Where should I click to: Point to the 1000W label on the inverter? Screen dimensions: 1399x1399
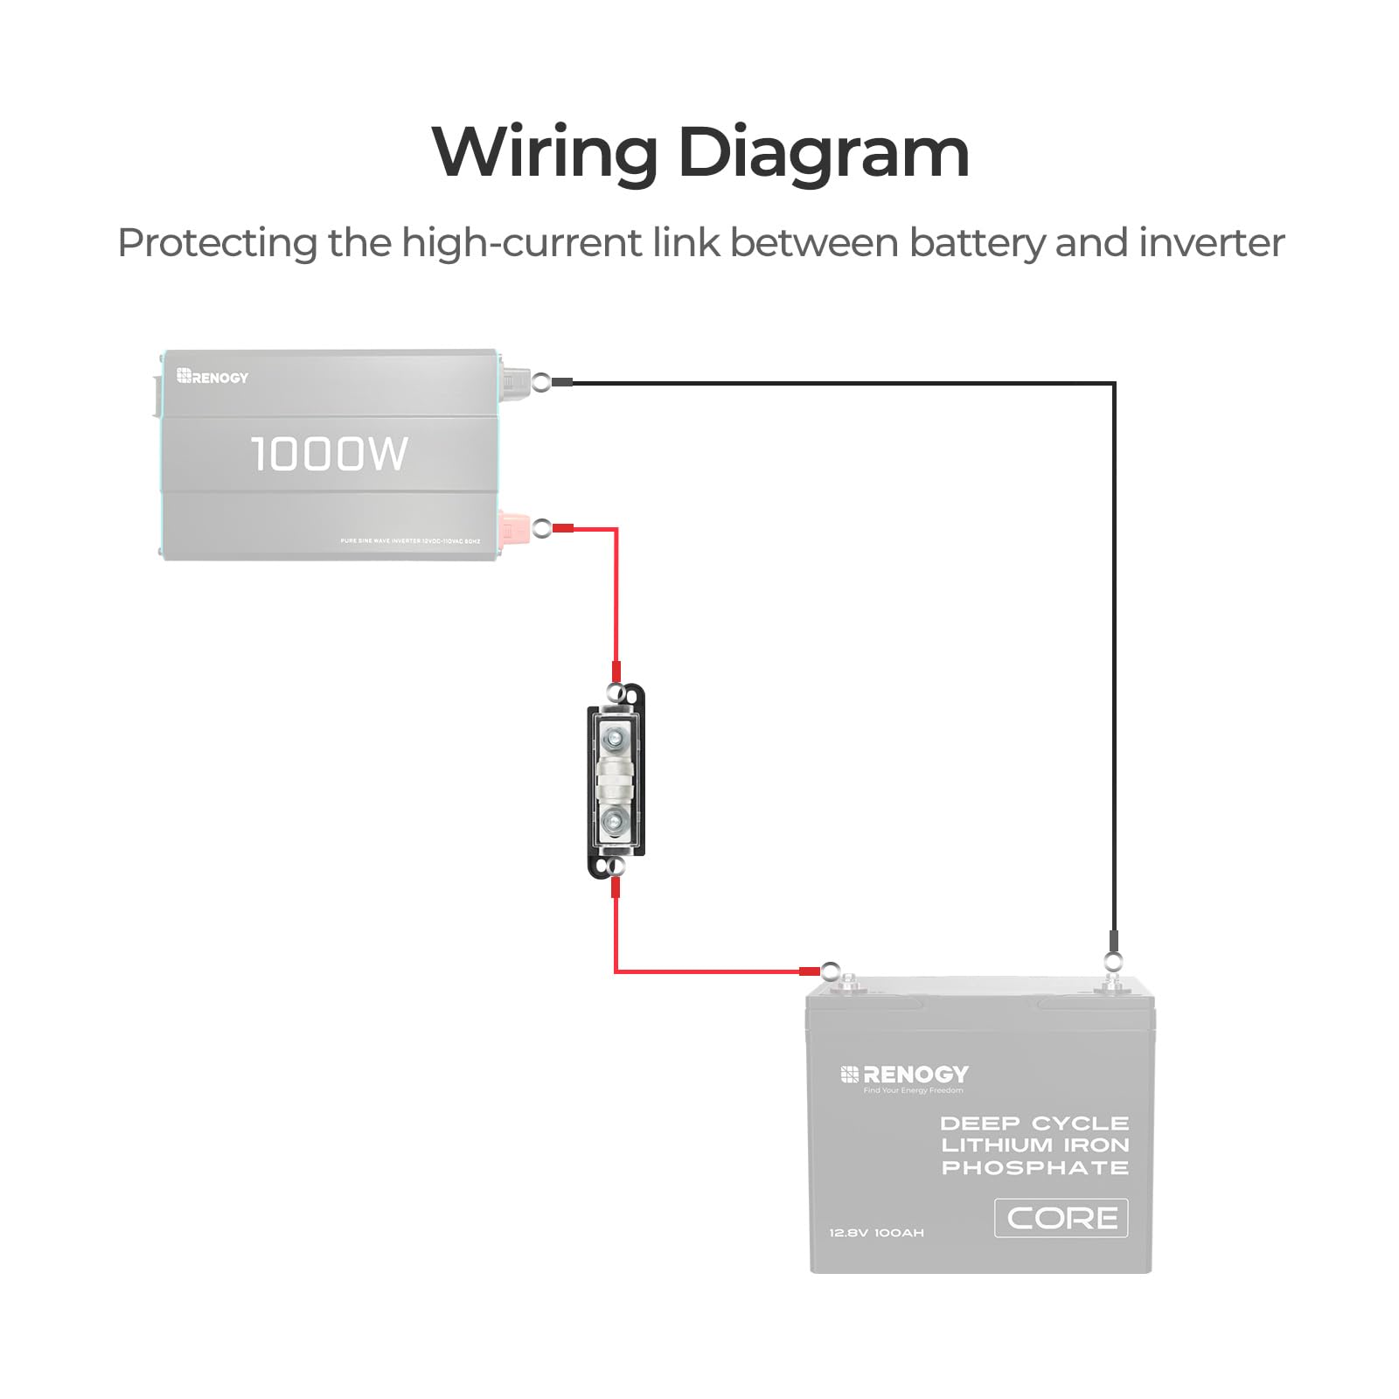329,454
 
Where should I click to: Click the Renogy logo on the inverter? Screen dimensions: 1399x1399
212,377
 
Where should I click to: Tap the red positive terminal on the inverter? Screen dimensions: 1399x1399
512,528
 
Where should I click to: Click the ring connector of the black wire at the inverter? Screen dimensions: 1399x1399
542,382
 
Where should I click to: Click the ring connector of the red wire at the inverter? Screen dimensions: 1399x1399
542,528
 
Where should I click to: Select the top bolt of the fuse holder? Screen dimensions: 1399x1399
615,737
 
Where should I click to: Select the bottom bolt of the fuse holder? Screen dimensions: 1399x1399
615,821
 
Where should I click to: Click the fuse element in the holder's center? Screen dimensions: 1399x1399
615,779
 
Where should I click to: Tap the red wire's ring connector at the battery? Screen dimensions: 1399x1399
830,971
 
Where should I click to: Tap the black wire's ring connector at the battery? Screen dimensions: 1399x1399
1112,962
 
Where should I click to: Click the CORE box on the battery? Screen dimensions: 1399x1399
1061,1218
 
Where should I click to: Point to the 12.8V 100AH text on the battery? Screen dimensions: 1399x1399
876,1233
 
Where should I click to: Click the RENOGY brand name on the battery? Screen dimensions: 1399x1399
915,1074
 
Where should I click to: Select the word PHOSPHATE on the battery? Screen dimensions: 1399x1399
1034,1167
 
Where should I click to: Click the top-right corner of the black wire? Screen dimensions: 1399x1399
1114,383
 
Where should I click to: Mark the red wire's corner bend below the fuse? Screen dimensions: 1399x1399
616,971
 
